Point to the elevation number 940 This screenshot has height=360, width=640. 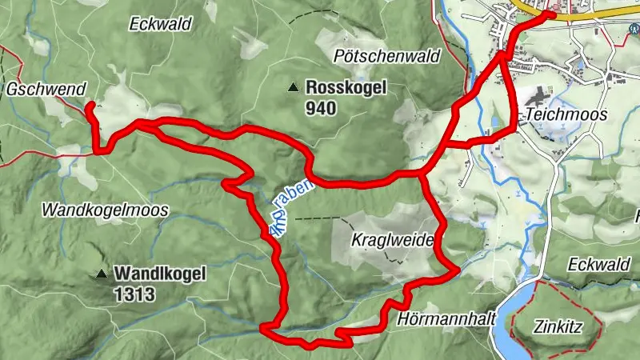[x=319, y=108]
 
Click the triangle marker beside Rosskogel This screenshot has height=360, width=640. [x=294, y=87]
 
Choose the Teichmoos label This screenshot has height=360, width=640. [x=566, y=114]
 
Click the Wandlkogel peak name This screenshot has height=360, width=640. [x=160, y=274]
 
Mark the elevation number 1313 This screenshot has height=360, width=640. [x=134, y=294]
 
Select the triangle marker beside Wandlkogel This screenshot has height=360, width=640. [x=102, y=274]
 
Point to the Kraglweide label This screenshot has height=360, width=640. [x=392, y=240]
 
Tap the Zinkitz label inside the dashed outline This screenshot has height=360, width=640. [x=559, y=326]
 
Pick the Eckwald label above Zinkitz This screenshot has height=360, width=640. [x=601, y=264]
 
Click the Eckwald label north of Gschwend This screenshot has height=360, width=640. [x=160, y=24]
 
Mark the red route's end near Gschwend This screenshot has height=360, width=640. [x=88, y=105]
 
